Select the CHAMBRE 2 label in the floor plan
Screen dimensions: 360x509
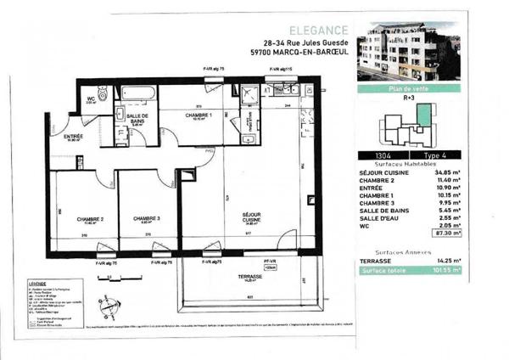pyautogui.click(x=90, y=220)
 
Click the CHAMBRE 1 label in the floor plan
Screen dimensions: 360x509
pyautogui.click(x=199, y=115)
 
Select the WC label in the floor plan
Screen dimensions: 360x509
pyautogui.click(x=90, y=98)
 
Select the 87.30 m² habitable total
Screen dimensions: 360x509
pyautogui.click(x=445, y=232)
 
